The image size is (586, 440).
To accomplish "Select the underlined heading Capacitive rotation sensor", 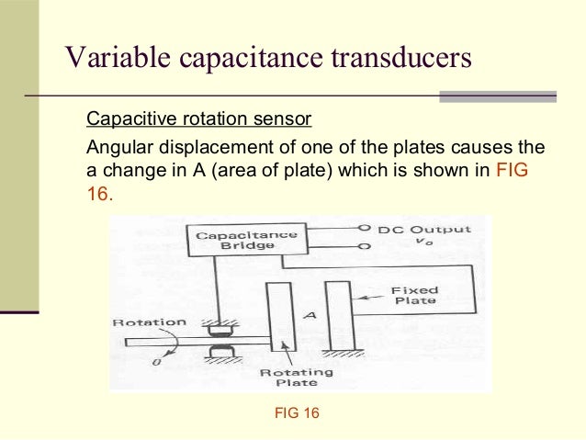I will point(198,119).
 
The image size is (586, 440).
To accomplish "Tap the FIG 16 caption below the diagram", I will point(297,413).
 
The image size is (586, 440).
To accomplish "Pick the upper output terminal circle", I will point(364,228).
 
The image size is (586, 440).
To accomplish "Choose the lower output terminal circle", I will point(364,247).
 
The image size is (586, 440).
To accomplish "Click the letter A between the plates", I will point(310,315).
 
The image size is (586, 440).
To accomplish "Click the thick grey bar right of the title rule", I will point(498,96).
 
